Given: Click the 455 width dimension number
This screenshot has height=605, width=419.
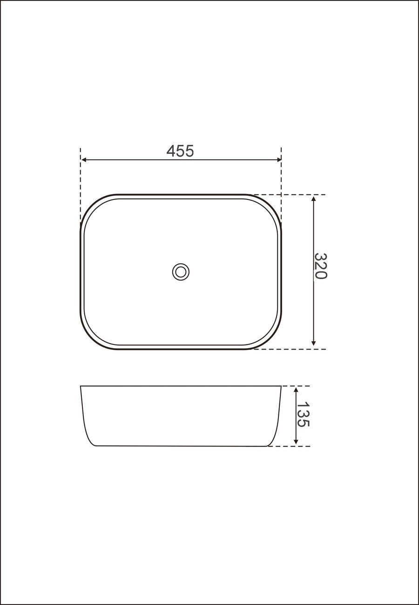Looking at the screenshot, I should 180,151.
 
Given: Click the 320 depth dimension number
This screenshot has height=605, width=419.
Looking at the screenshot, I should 320,266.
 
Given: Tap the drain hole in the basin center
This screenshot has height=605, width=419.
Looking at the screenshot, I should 181,272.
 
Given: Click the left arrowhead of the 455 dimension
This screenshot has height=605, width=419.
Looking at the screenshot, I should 84,160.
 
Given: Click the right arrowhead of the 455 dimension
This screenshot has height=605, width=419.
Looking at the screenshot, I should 278,160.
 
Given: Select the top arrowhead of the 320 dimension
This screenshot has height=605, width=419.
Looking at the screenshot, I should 314,199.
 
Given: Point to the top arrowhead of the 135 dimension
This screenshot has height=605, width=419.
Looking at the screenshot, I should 296,389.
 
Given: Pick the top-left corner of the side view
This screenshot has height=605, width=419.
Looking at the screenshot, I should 81,386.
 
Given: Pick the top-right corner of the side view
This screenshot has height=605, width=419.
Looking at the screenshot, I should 281,386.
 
